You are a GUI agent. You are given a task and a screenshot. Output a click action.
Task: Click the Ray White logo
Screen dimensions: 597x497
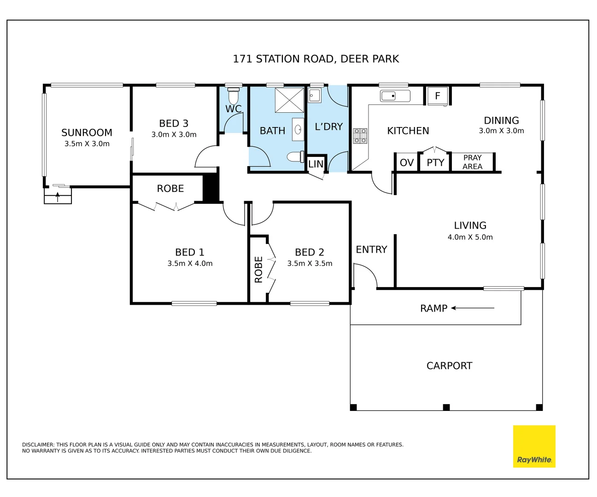(534, 446)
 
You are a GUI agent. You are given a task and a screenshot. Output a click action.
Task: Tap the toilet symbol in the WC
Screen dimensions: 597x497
(233, 96)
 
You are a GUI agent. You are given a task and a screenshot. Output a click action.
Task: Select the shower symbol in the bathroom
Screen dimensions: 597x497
(289, 100)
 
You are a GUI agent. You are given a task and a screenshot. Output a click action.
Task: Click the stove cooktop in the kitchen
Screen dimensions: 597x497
(360, 136)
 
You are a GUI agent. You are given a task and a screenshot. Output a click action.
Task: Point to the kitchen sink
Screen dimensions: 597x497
(395, 96)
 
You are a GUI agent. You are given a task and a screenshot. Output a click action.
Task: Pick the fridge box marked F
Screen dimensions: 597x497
(438, 96)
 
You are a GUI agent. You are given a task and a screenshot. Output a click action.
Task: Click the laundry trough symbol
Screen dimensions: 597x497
(315, 95)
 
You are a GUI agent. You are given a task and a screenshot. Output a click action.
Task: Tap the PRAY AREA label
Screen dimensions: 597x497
(472, 162)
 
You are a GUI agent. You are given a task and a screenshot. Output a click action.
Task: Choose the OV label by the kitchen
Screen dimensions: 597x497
(407, 163)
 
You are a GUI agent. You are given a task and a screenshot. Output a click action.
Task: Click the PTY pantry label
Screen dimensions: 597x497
(435, 163)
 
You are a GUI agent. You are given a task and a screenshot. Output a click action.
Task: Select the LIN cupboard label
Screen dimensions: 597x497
(316, 164)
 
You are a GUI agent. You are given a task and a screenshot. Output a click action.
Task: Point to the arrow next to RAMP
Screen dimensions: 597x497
(473, 308)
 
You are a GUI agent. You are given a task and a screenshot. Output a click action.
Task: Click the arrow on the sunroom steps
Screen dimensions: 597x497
(58, 197)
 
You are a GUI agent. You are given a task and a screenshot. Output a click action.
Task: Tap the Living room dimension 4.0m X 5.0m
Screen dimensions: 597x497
(470, 237)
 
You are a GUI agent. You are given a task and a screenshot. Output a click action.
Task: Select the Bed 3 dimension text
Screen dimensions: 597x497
(174, 134)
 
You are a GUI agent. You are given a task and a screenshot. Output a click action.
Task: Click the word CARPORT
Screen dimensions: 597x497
(449, 365)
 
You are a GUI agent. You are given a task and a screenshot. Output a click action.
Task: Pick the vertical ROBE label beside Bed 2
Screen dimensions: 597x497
(258, 269)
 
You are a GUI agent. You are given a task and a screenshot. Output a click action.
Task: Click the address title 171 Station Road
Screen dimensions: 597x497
(316, 59)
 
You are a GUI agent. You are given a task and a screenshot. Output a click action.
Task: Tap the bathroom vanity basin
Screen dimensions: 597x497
(298, 129)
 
